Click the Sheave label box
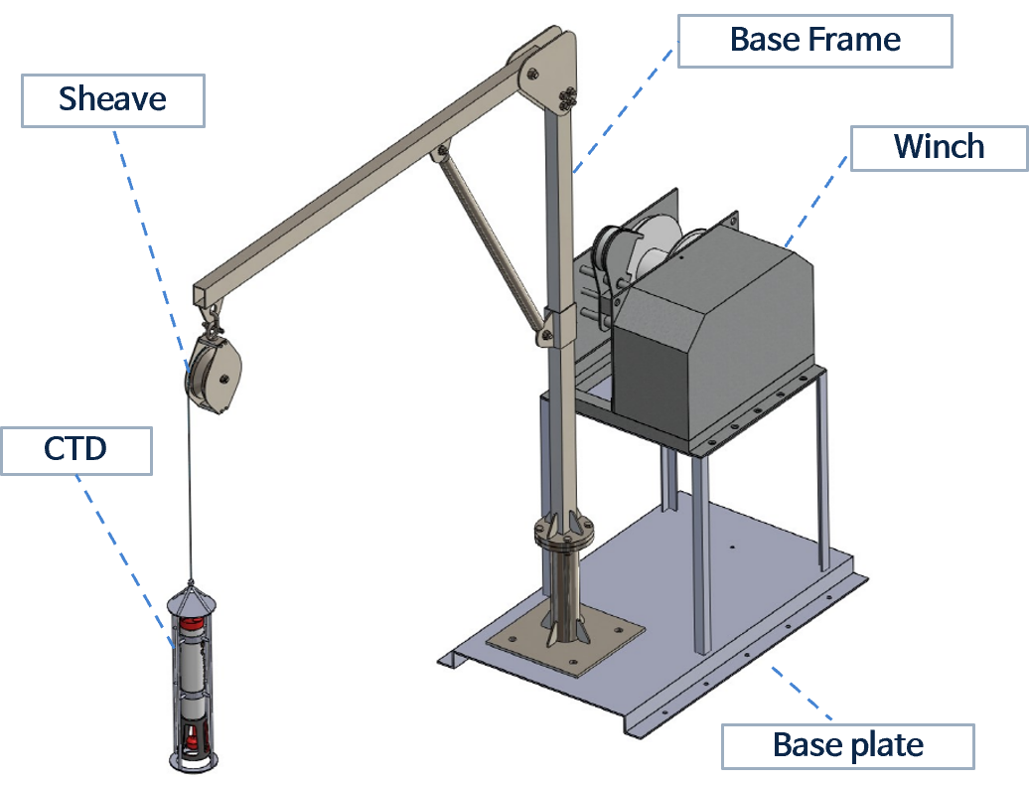(112, 100)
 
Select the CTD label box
(75, 449)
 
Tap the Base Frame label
(814, 41)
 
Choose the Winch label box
(939, 147)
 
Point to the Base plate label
(847, 745)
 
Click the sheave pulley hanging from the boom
(214, 376)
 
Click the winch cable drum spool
(636, 248)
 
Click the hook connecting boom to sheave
(212, 318)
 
